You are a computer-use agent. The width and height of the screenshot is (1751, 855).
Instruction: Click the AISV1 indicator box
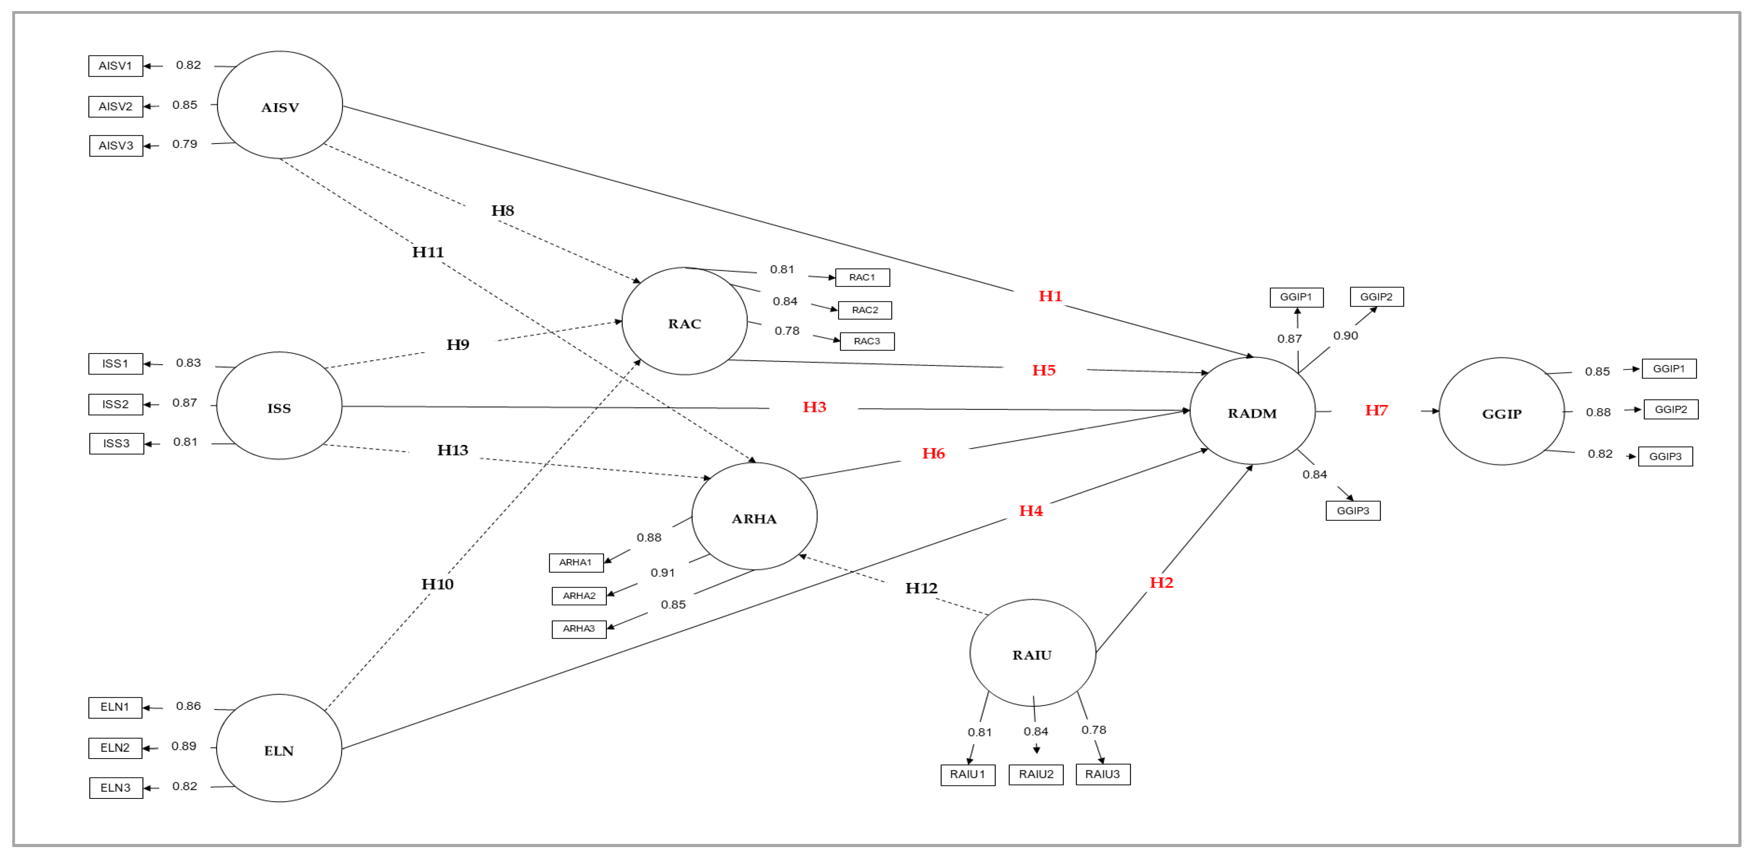coord(115,66)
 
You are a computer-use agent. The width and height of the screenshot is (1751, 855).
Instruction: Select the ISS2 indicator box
coord(115,405)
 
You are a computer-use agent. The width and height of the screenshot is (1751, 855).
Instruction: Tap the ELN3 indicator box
coord(116,788)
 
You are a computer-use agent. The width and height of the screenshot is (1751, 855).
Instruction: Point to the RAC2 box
coord(865,310)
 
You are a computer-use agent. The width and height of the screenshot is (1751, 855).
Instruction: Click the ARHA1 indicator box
coord(576,562)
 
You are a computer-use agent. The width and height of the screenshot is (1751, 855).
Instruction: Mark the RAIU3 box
coord(1103,775)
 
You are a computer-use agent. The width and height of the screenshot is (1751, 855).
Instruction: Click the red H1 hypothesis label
coord(1050,296)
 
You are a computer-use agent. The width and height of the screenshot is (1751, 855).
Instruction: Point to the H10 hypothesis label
coord(437,584)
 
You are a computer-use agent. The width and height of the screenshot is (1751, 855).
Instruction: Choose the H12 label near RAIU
coord(921,588)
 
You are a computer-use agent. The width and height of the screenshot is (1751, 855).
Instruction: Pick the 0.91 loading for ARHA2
coord(662,573)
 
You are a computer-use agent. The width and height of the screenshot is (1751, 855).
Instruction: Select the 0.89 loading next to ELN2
coord(183,746)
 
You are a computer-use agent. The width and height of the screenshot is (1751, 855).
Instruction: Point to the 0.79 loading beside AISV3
coord(184,144)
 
